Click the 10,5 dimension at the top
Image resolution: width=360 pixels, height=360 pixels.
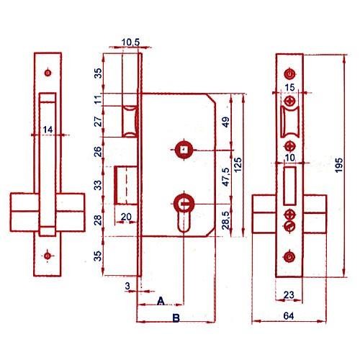tap(130, 42)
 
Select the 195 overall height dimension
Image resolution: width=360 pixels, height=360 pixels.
tap(339, 165)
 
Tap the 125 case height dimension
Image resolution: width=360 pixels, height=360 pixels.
tap(238, 165)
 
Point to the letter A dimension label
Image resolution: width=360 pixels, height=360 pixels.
tap(161, 301)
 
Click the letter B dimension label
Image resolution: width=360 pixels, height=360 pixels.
tap(176, 318)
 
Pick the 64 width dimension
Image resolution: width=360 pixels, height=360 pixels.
tap(289, 316)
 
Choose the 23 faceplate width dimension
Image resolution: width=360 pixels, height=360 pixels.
tap(289, 294)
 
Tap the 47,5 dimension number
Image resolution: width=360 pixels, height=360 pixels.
tap(226, 177)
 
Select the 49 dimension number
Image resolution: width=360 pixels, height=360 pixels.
tap(226, 122)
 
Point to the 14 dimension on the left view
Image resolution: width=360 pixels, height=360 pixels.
tap(48, 130)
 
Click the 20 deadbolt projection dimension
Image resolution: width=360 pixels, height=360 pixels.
tap(126, 217)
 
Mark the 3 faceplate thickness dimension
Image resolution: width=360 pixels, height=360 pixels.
tap(127, 286)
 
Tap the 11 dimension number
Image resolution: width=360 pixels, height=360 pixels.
tap(98, 99)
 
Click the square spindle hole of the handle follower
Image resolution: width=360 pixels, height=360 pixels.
tap(184, 150)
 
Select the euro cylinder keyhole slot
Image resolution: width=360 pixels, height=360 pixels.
tap(184, 217)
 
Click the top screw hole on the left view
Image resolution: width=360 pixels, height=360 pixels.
tap(48, 73)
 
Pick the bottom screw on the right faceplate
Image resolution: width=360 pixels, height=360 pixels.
tap(289, 257)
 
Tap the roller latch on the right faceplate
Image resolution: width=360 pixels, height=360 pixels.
tap(289, 122)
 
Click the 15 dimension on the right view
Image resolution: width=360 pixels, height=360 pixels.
tap(290, 87)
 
